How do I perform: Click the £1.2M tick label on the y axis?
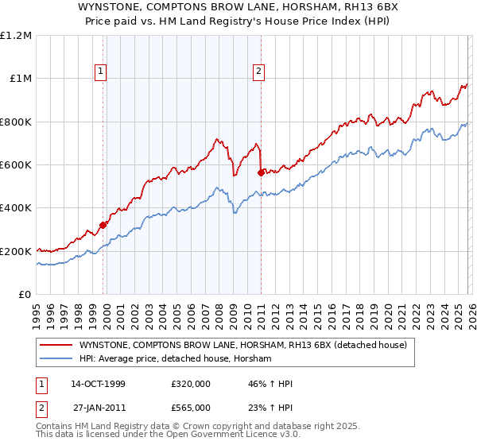(16, 36)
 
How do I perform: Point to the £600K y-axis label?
(16, 165)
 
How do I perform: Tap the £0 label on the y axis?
(25, 295)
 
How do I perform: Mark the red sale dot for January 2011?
(261, 172)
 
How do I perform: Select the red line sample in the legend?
(56, 345)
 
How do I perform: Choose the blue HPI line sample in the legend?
(56, 359)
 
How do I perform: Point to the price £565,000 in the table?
(191, 407)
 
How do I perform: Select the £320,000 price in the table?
(191, 385)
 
